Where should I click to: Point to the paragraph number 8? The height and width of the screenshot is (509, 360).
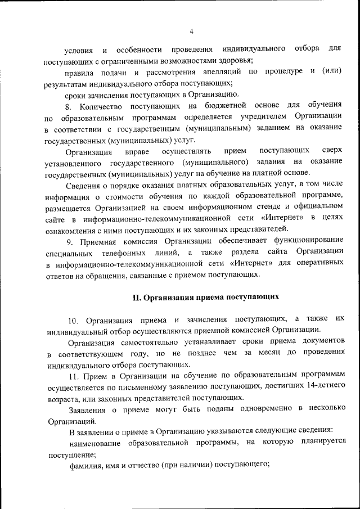[x=67, y=106]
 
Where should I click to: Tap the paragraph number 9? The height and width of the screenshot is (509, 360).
[x=68, y=242]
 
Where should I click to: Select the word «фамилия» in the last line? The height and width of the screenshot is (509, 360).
[x=85, y=465]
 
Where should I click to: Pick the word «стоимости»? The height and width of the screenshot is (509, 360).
[x=141, y=195]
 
